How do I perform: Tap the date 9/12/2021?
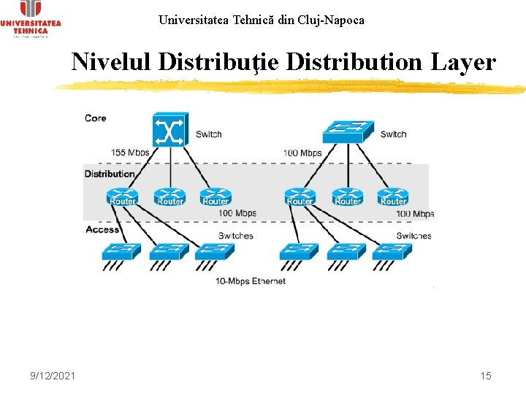[x=53, y=376]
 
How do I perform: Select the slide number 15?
[x=486, y=376]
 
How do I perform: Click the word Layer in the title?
[x=463, y=63]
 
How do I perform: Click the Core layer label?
[x=96, y=118]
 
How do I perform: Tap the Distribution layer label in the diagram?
[x=110, y=174]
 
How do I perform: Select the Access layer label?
[x=102, y=230]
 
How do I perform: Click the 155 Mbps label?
[x=130, y=153]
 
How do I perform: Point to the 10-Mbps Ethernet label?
[x=251, y=281]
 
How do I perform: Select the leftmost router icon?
[x=122, y=197]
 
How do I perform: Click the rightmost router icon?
[x=393, y=197]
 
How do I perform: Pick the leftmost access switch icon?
[x=121, y=252]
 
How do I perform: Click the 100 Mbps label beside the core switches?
[x=302, y=153]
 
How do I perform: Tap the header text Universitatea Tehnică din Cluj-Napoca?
[x=262, y=20]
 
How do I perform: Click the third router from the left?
[x=216, y=197]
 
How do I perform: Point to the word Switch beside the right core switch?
[x=394, y=134]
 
